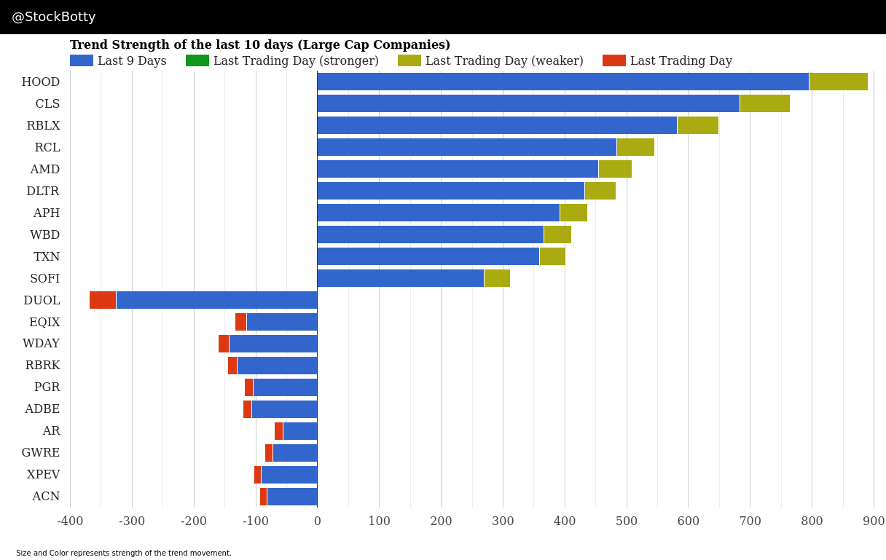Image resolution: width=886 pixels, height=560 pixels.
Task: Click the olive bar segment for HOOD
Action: [x=838, y=82]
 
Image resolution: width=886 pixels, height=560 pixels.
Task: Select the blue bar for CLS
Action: [x=528, y=103]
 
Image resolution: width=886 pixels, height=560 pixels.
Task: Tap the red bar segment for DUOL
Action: [x=103, y=300]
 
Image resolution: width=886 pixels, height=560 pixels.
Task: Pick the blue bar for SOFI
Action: [x=401, y=278]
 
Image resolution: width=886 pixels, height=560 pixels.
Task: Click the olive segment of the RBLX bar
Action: [x=697, y=125]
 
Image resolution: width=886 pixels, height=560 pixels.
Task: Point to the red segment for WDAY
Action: [x=224, y=344]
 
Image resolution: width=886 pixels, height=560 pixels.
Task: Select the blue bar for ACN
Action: [x=292, y=497]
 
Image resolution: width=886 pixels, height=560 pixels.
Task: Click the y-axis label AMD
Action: [x=45, y=170]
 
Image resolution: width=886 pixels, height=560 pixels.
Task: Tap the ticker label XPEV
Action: [x=44, y=475]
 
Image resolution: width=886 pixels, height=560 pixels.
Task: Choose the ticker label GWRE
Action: [x=41, y=453]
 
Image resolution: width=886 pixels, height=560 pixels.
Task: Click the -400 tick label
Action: [x=70, y=521]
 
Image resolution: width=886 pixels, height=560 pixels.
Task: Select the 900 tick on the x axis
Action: [x=873, y=521]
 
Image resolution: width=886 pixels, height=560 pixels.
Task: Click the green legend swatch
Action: [x=197, y=61]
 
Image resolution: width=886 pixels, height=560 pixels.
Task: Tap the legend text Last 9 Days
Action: [x=132, y=61]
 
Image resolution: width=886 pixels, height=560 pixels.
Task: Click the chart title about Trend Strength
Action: [x=260, y=45]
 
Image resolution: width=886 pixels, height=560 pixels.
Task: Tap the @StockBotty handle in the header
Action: [x=54, y=17]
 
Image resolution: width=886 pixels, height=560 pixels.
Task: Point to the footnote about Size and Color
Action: [x=124, y=553]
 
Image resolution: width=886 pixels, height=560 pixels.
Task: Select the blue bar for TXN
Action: [x=428, y=256]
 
